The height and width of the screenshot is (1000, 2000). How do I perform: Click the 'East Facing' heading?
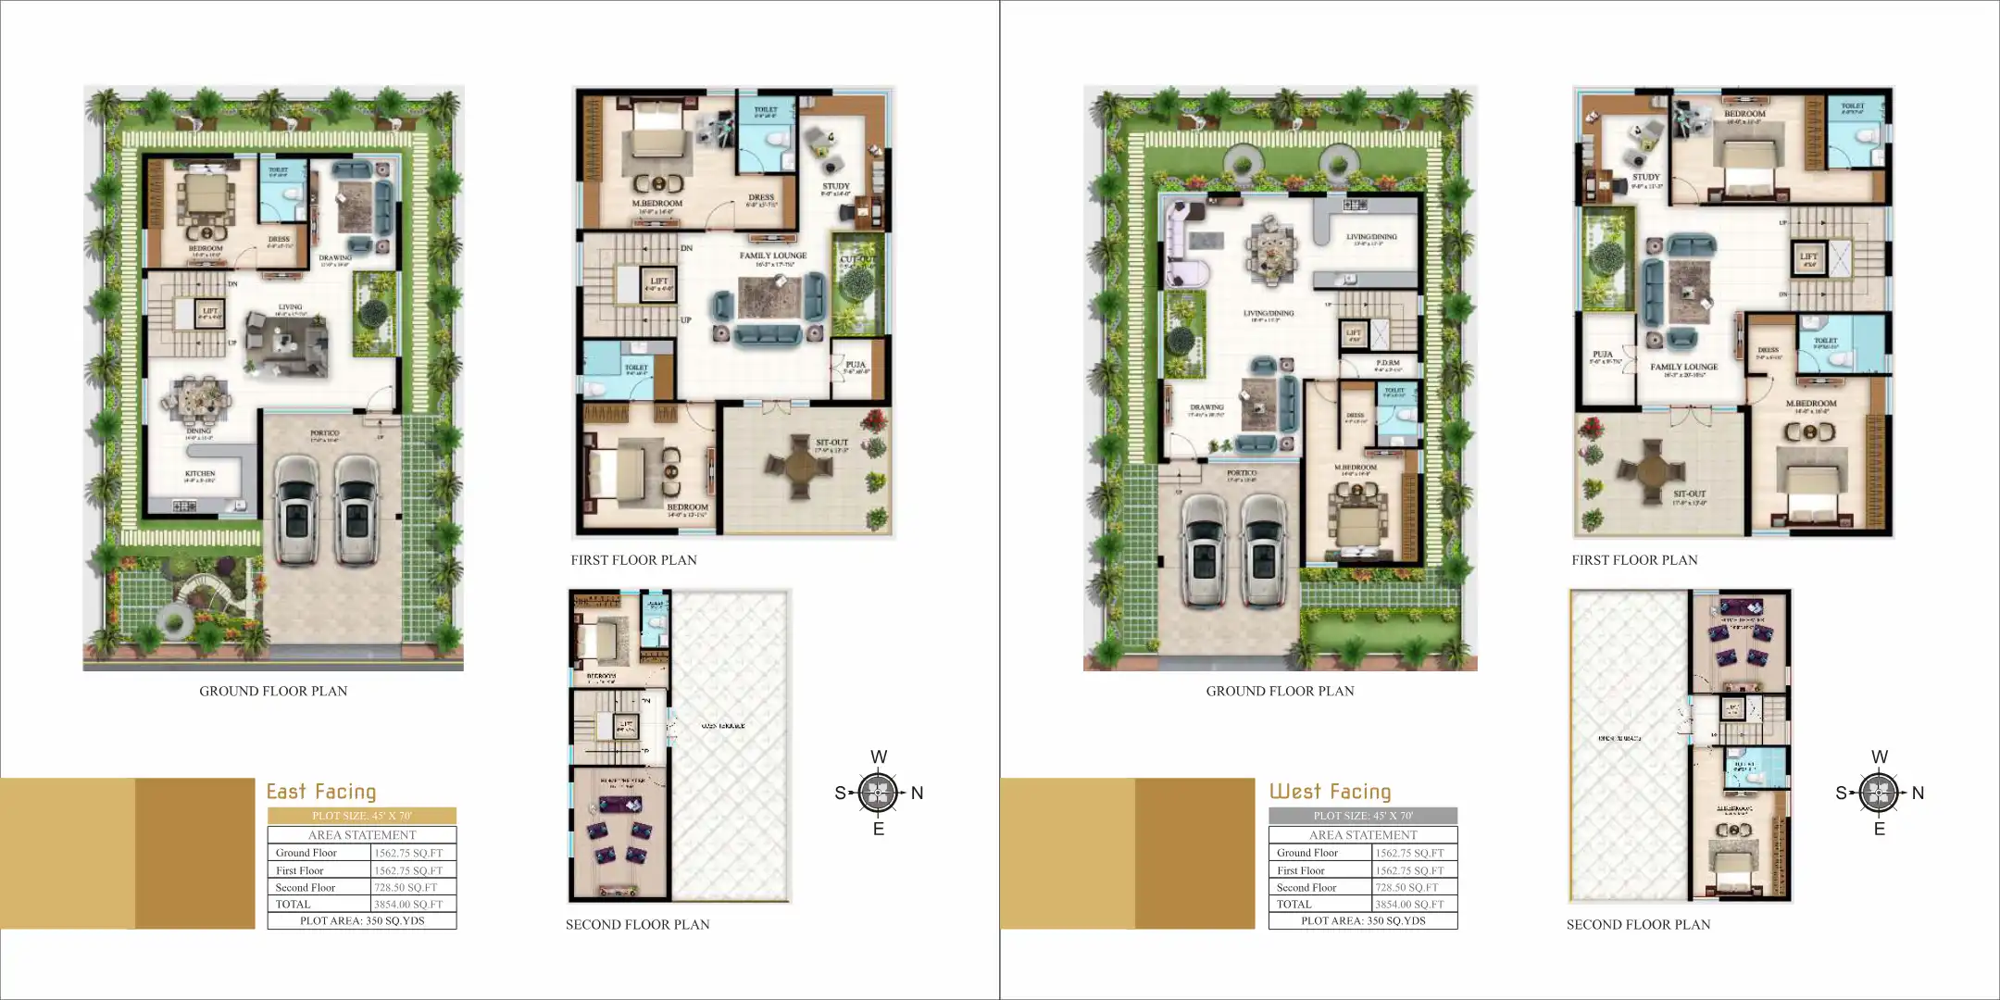point(321,792)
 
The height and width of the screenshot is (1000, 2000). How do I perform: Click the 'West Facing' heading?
point(1330,792)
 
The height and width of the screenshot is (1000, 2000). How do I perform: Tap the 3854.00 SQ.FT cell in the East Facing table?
point(408,905)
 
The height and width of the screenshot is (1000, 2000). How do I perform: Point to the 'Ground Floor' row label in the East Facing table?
point(306,853)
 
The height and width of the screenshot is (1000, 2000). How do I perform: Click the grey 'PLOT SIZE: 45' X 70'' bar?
point(1362,816)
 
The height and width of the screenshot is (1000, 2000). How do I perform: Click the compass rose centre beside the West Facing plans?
point(1879,793)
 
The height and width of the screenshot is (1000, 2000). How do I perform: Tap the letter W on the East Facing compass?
point(879,756)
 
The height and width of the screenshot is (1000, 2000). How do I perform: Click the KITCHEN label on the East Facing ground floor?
point(200,473)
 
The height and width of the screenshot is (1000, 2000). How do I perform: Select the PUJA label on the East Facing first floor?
point(855,365)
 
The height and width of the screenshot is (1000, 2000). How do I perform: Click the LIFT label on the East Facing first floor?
point(658,281)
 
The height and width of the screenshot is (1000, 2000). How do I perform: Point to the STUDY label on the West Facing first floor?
point(1645,177)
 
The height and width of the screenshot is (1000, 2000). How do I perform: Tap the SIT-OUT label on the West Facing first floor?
point(1689,494)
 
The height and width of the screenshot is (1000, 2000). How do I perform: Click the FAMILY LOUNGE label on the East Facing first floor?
point(772,256)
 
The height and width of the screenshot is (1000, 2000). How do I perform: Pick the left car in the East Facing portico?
point(297,508)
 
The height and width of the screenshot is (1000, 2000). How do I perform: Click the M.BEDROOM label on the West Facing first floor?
point(1810,404)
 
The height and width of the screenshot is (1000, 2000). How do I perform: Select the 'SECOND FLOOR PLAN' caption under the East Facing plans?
point(637,924)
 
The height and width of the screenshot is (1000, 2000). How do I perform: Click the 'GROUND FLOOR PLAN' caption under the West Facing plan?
point(1280,691)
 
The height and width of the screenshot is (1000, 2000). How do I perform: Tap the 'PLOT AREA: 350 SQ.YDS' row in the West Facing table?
point(1362,921)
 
